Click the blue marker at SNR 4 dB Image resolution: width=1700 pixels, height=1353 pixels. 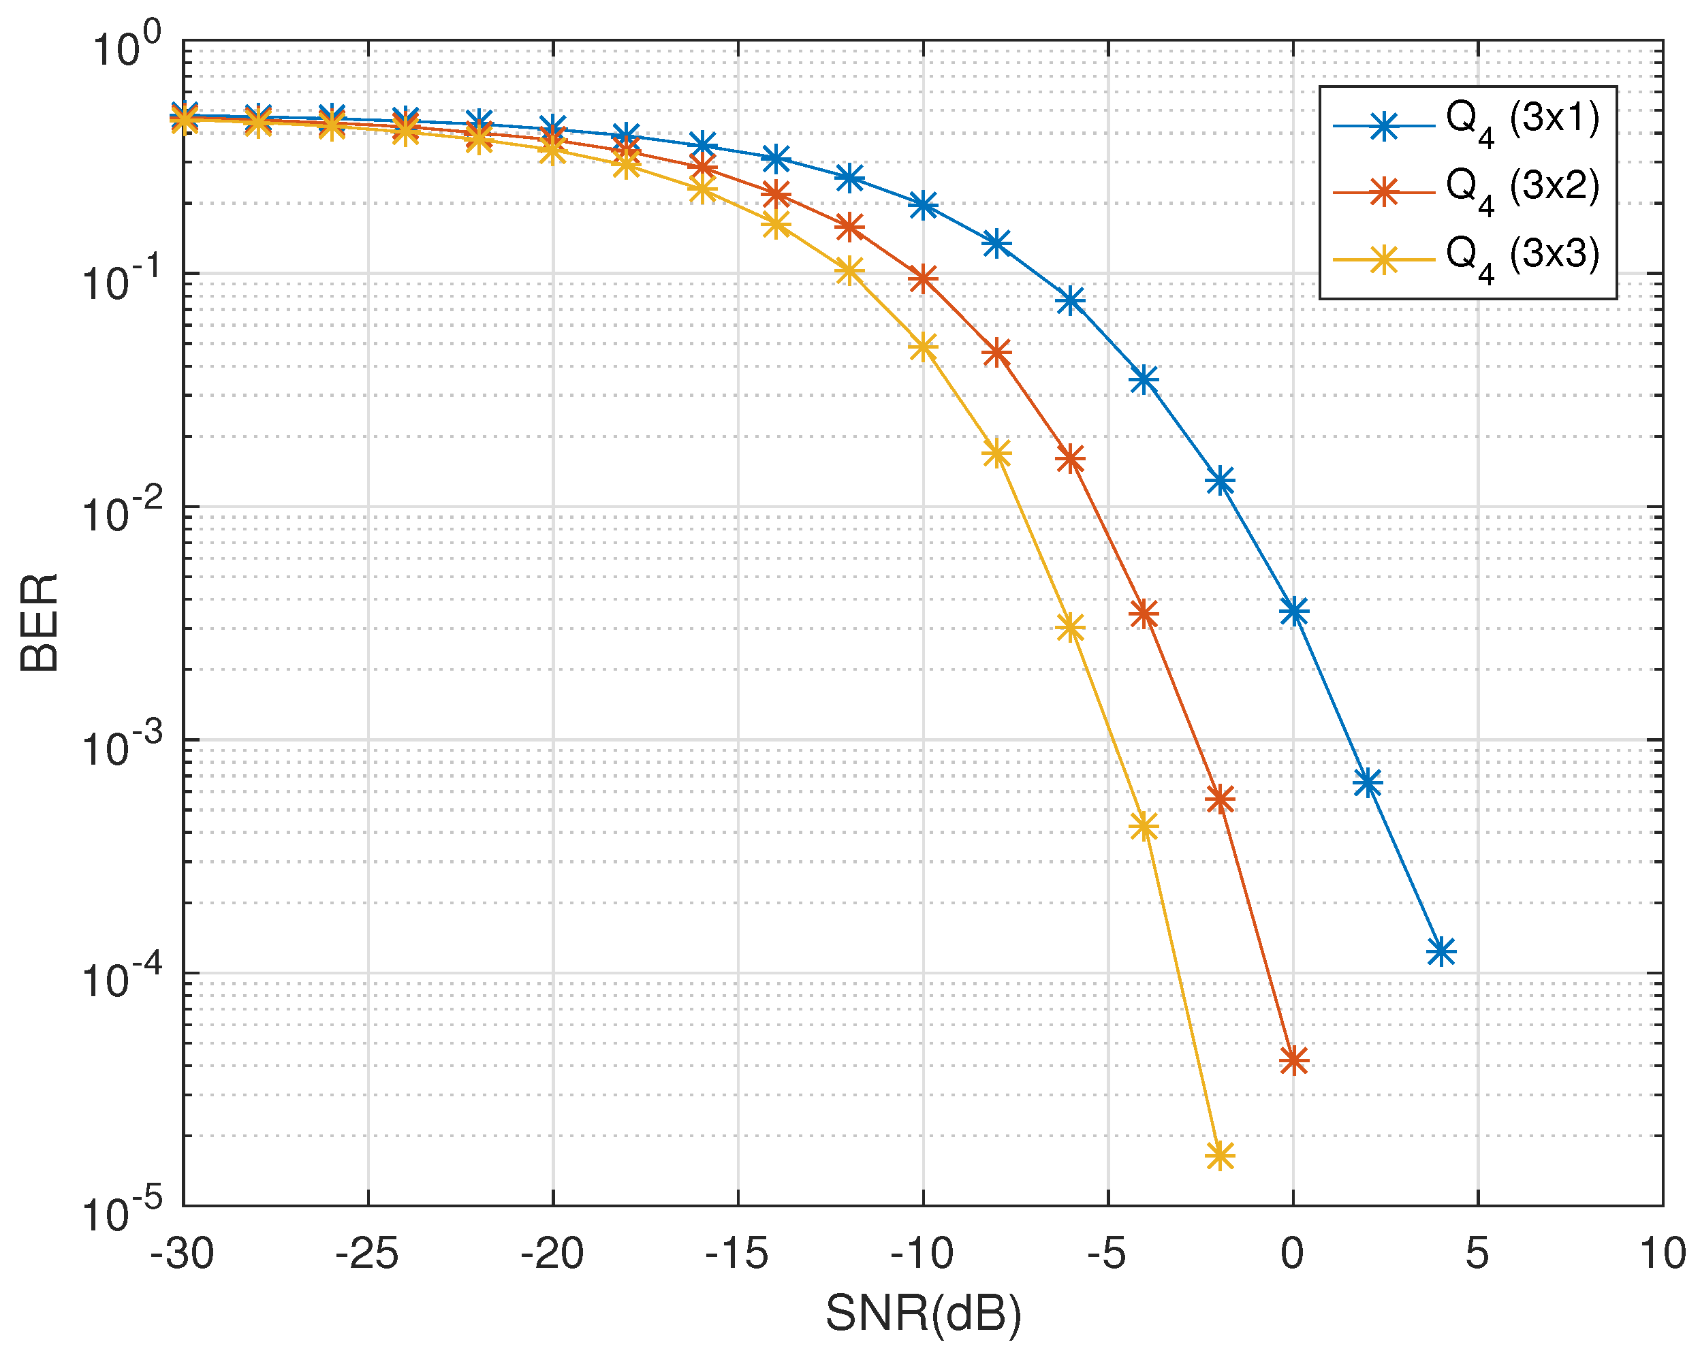coord(1441,952)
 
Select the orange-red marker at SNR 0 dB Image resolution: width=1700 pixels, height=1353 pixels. coord(1293,1060)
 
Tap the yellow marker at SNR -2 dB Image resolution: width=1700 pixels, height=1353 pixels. coord(1220,1157)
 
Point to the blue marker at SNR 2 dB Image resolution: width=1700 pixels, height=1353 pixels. coord(1367,783)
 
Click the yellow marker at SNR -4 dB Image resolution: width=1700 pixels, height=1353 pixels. coord(1144,827)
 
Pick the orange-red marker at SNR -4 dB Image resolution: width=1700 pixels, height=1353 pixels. coord(1144,614)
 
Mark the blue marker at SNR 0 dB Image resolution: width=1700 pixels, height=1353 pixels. coord(1293,611)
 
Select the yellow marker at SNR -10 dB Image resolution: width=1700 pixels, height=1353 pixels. coord(924,347)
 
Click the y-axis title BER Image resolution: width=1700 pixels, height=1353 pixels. coord(40,622)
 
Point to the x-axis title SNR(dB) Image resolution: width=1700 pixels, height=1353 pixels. coord(924,1314)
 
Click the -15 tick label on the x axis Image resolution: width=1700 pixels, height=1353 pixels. coord(736,1253)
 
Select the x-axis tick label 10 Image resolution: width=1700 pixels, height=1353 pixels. coord(1662,1253)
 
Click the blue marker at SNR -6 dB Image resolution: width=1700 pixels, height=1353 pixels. coord(1070,300)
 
